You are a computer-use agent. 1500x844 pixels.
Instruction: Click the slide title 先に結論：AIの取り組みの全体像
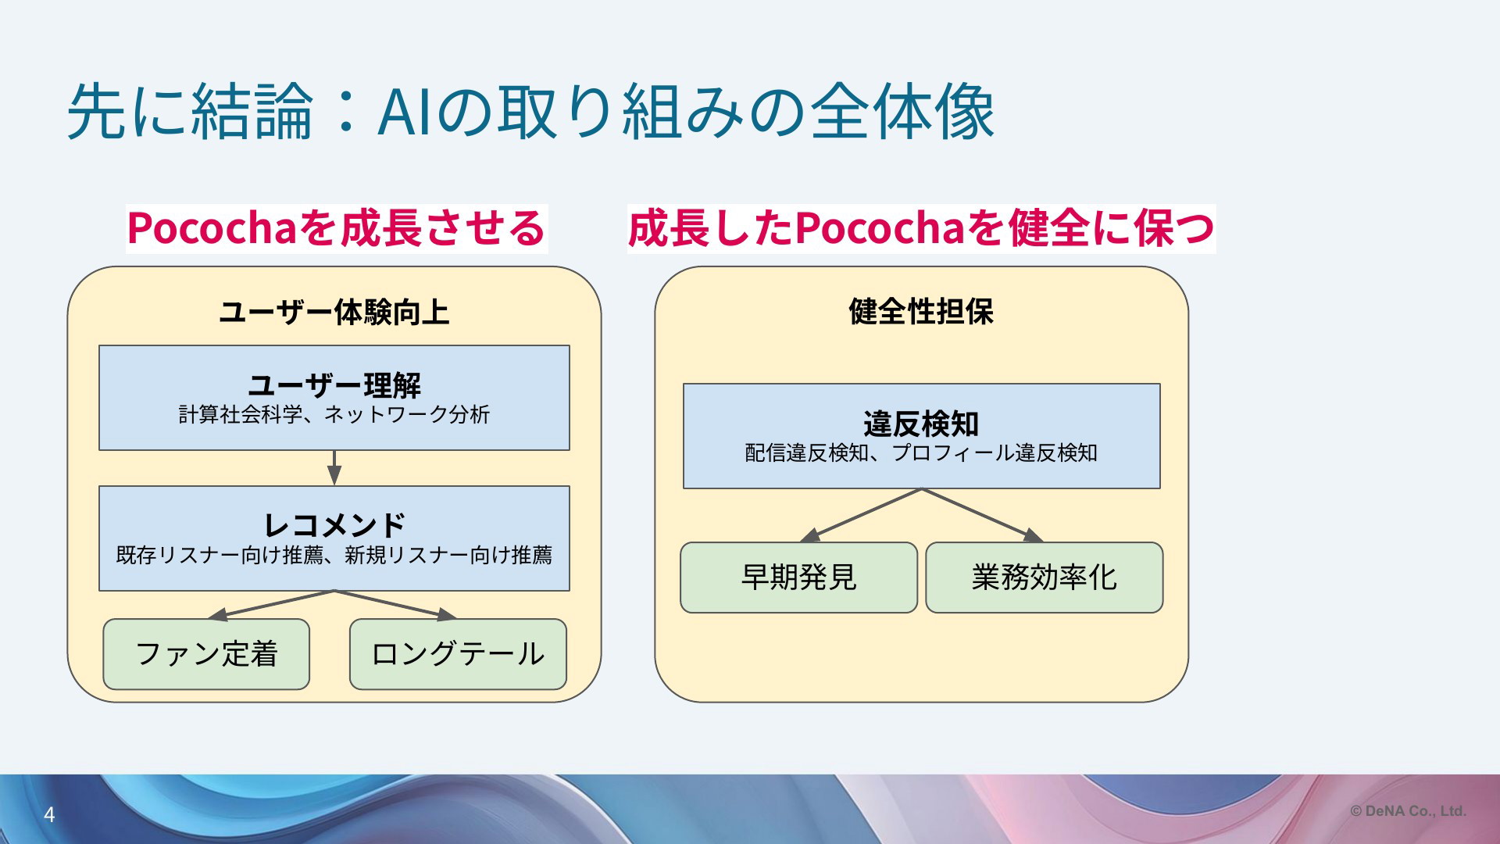click(531, 112)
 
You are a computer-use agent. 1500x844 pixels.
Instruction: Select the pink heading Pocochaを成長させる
click(337, 228)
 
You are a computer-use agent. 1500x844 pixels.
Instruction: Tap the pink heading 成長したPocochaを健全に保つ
click(921, 228)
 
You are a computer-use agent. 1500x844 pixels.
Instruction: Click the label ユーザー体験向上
click(334, 312)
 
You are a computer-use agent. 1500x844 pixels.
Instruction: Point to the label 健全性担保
click(921, 311)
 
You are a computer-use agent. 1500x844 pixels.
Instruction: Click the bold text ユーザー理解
click(334, 384)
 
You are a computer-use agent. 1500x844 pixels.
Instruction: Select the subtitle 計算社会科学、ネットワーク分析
click(334, 414)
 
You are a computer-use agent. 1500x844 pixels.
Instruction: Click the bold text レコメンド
click(334, 524)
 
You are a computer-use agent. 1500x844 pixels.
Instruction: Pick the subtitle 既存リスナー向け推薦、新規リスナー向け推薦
click(334, 555)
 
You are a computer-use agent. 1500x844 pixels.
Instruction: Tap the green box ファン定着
click(206, 654)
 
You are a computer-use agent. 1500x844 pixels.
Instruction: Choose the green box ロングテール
click(458, 654)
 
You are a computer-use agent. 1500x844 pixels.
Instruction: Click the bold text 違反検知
click(921, 424)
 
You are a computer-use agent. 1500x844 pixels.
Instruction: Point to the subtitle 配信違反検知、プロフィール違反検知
click(921, 452)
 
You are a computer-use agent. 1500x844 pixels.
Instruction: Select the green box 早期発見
click(798, 578)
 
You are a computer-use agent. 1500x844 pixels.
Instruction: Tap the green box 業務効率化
click(1045, 578)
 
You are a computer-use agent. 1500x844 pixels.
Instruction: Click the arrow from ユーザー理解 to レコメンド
click(334, 468)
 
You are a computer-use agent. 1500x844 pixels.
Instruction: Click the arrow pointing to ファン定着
click(271, 605)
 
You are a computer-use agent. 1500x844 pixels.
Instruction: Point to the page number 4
click(49, 815)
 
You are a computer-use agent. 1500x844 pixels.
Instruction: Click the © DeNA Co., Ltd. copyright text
click(1408, 811)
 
